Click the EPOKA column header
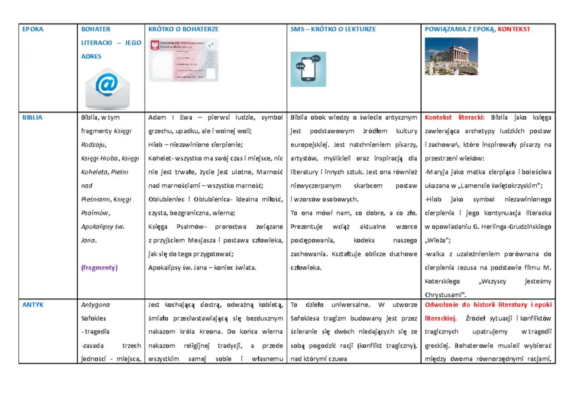pos(33,29)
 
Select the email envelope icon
pos(107,88)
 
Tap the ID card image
pos(183,60)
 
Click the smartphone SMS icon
pos(308,69)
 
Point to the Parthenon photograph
pos(451,56)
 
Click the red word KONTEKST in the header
pos(514,29)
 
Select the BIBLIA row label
pos(32,117)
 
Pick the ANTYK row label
pos(33,304)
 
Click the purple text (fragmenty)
pos(99,267)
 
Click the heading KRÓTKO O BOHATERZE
pos(183,29)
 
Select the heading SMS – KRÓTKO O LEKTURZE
pos(333,29)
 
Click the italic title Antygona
pos(96,304)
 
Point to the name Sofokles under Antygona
pos(93,318)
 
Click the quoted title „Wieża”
pos(438,240)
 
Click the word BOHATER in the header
pos(96,29)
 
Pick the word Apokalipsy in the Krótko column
pos(166,267)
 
